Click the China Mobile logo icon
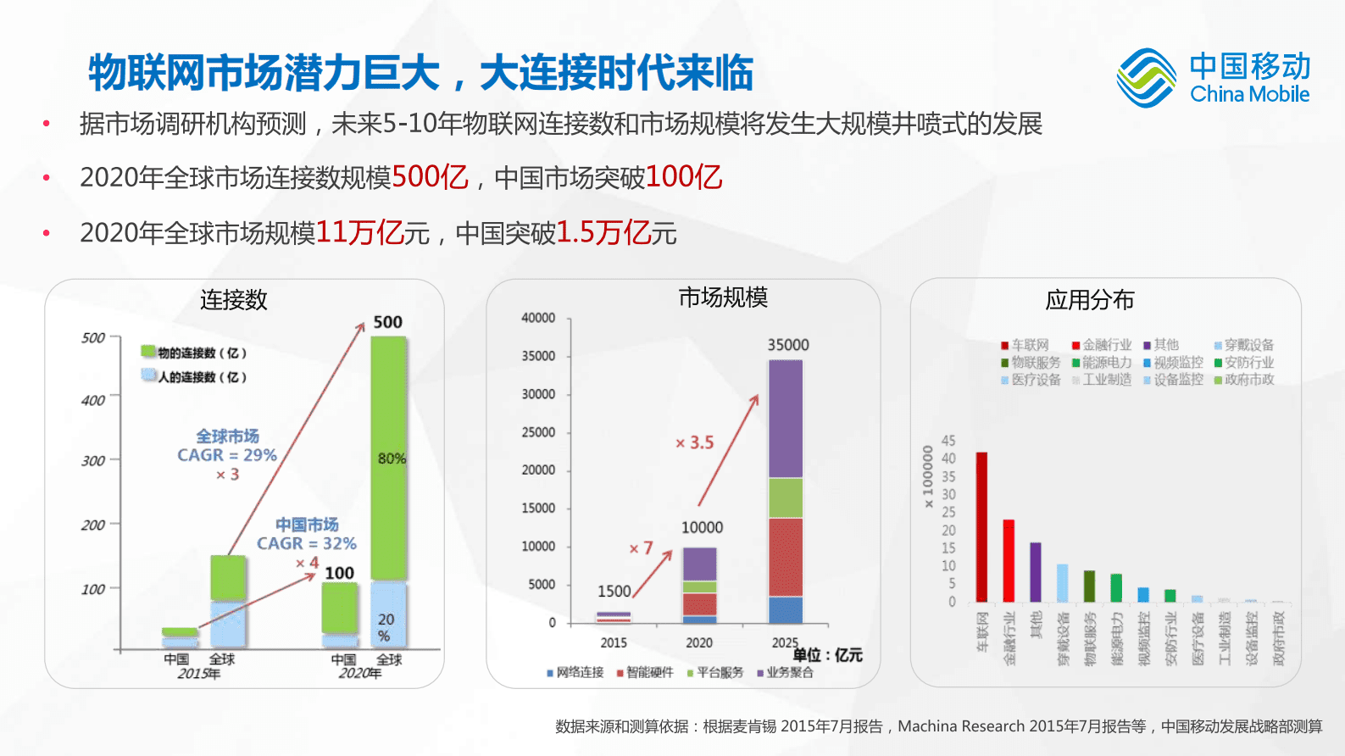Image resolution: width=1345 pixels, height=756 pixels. point(1146,78)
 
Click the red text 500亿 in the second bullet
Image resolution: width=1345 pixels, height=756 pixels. point(430,177)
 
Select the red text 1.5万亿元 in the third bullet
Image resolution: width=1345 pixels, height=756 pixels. point(616,232)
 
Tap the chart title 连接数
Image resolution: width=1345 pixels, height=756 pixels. point(233,300)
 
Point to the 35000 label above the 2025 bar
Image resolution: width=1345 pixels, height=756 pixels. point(788,345)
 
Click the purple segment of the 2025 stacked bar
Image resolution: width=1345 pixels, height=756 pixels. point(786,419)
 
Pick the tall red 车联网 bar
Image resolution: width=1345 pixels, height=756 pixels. point(981,526)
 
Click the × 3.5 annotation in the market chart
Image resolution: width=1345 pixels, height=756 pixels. point(694,442)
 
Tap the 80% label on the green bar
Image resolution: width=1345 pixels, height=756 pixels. point(392,459)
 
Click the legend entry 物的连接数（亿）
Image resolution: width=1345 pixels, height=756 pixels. point(194,353)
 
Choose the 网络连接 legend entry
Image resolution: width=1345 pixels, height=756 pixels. point(575,672)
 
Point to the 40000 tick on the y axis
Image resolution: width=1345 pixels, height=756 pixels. point(538,318)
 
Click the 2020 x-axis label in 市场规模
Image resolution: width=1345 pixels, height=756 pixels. point(699,642)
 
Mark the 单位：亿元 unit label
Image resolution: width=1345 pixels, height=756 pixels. point(827,655)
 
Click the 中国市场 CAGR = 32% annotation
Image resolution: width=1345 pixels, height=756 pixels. point(307,534)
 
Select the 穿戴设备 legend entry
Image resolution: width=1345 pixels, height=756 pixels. point(1243,345)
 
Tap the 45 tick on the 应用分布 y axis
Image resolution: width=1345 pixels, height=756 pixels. point(948,441)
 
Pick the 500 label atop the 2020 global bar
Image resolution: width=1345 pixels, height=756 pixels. point(387,322)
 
